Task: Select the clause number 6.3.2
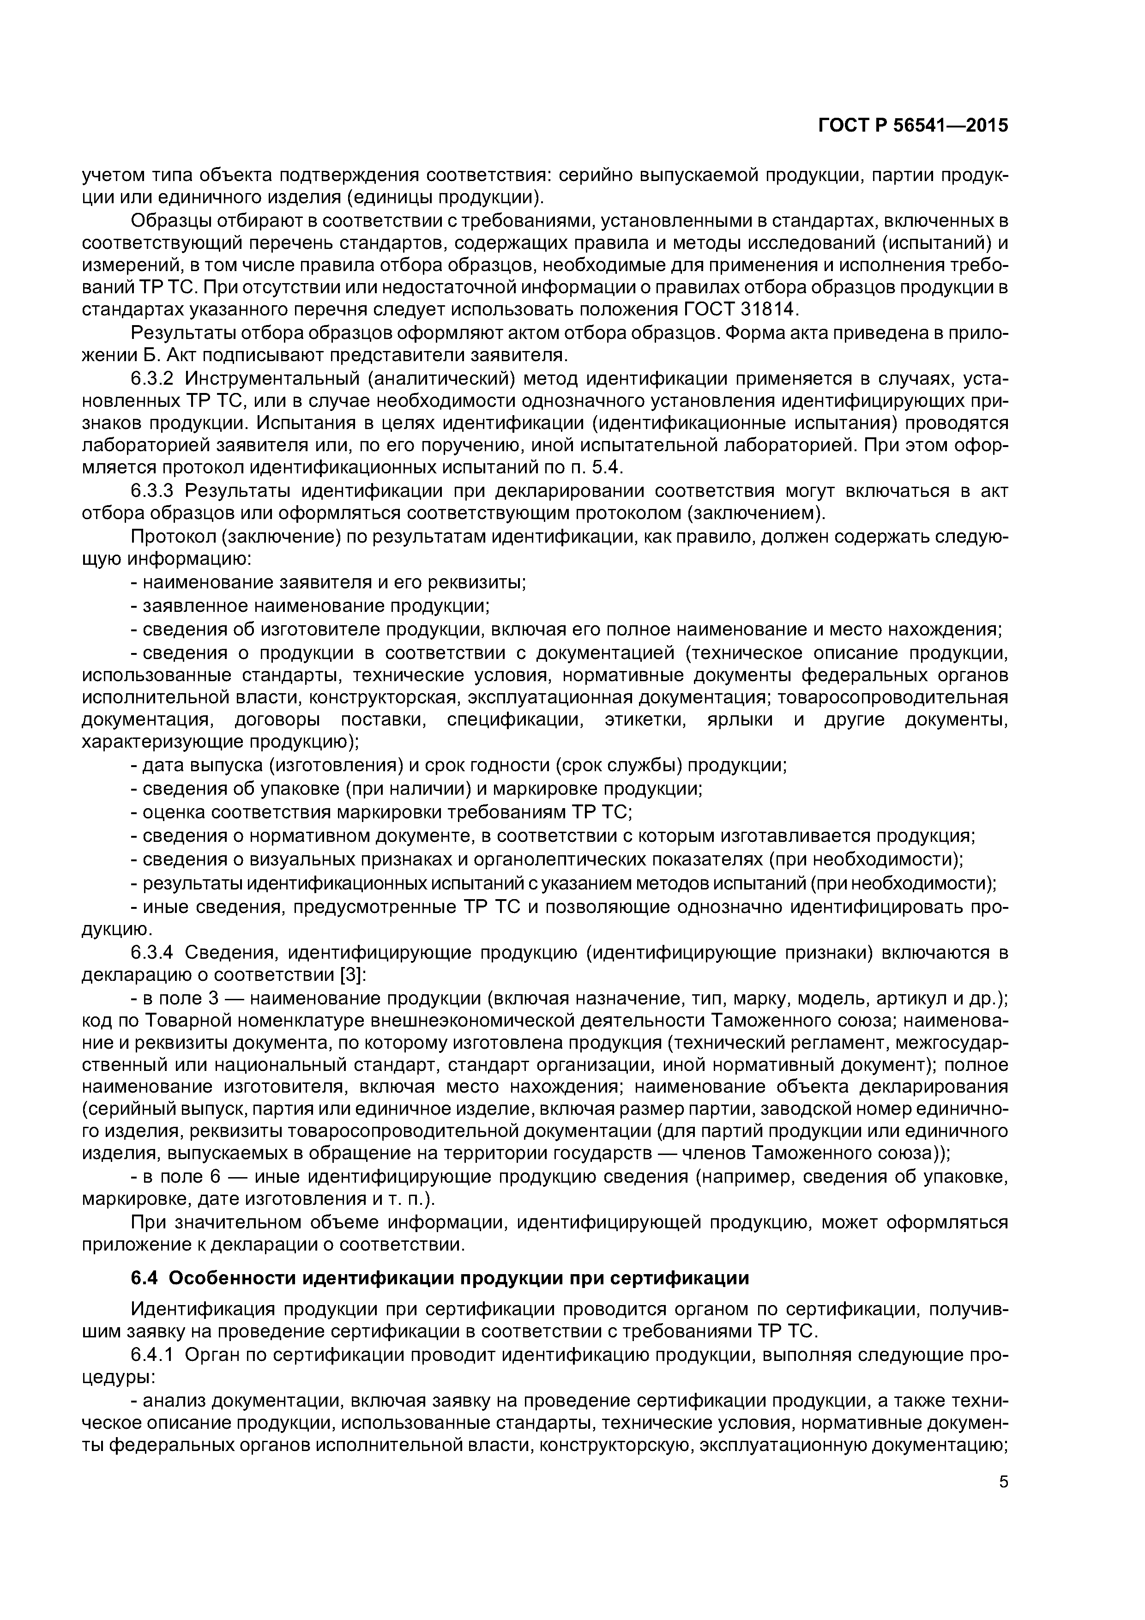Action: tap(152, 379)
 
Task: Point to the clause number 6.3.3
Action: tap(152, 490)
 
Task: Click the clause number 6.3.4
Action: tap(152, 953)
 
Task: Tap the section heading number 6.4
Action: tap(146, 1279)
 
